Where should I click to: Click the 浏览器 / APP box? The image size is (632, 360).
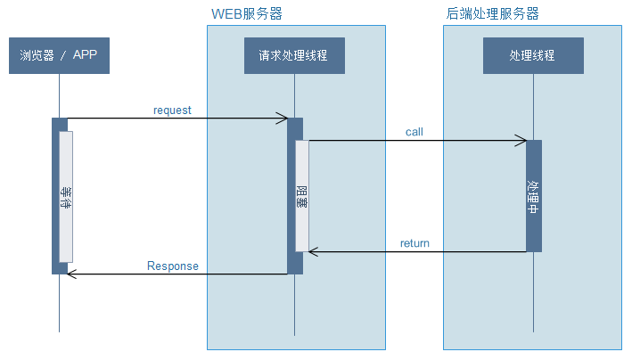click(x=59, y=56)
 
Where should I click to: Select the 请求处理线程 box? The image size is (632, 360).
click(x=294, y=56)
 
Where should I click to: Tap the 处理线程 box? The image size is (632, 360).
click(x=533, y=56)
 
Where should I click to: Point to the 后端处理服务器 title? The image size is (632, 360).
click(x=492, y=14)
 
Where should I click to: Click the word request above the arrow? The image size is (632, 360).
click(x=172, y=110)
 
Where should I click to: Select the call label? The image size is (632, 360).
click(x=414, y=132)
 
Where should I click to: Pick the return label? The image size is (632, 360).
click(x=414, y=243)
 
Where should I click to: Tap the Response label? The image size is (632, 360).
click(x=172, y=266)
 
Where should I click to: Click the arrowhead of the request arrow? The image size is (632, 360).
click(x=283, y=119)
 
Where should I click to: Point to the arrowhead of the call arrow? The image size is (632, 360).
click(x=521, y=141)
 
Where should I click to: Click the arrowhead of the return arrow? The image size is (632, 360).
click(x=313, y=252)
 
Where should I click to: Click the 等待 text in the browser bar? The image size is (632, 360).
click(x=65, y=197)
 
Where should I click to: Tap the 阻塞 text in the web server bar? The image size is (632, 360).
click(x=302, y=197)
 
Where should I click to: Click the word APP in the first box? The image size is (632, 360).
click(x=86, y=56)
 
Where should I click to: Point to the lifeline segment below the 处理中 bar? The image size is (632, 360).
click(x=533, y=290)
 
